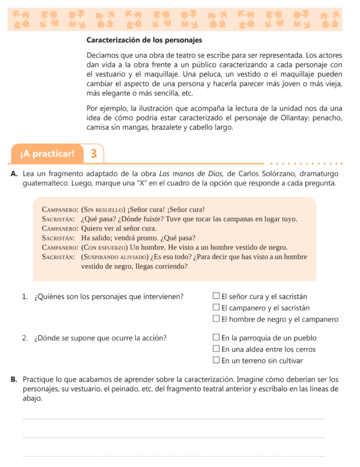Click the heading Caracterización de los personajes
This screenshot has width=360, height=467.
click(x=144, y=40)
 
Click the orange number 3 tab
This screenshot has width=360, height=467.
click(x=94, y=153)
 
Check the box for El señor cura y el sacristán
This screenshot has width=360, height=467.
click(x=216, y=297)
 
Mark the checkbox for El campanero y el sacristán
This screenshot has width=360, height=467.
click(x=216, y=308)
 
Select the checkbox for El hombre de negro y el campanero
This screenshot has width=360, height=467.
click(x=216, y=320)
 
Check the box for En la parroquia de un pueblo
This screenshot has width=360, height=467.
click(x=216, y=338)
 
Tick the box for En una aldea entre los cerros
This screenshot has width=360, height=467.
click(x=216, y=350)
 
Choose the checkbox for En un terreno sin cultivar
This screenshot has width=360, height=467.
click(x=216, y=361)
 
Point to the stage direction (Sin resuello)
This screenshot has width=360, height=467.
click(x=104, y=210)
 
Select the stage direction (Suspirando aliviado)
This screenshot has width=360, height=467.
click(x=114, y=257)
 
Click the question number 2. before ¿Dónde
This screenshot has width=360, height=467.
click(x=25, y=338)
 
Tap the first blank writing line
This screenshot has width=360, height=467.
click(x=173, y=419)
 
